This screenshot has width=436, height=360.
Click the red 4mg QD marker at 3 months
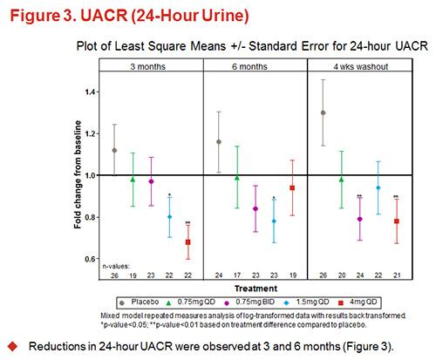pos(187,241)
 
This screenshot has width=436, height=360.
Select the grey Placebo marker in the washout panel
pos(324,112)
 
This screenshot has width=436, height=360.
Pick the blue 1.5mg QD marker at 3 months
pos(169,216)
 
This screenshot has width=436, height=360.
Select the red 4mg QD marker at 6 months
pos(291,187)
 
